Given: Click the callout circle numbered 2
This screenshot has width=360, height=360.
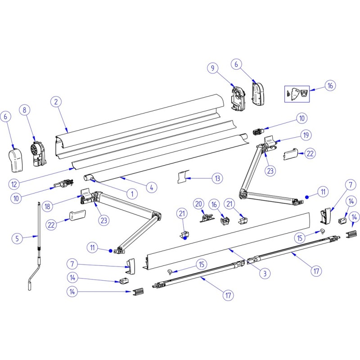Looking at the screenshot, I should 56,102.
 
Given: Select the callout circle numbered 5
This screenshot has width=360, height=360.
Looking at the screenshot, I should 17,238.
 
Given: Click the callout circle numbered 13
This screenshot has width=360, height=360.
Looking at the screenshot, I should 217,179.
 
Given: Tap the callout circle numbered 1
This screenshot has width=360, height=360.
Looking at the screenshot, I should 132,194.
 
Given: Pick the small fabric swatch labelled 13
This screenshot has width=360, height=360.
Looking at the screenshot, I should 182,177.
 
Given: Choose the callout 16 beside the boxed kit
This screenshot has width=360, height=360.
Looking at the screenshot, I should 330,86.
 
